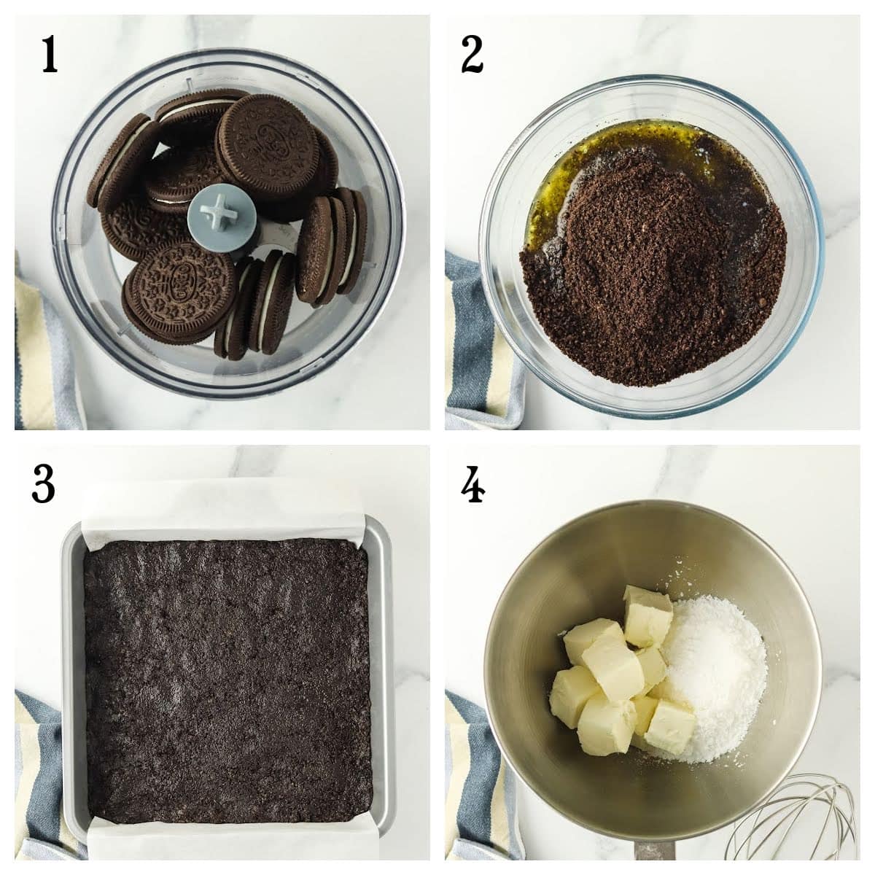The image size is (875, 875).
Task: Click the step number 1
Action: (49, 55)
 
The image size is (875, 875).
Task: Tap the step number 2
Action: (472, 55)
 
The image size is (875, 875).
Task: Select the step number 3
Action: (43, 484)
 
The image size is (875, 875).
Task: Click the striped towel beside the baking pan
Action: (40, 773)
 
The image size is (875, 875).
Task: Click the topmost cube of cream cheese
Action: (647, 616)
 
